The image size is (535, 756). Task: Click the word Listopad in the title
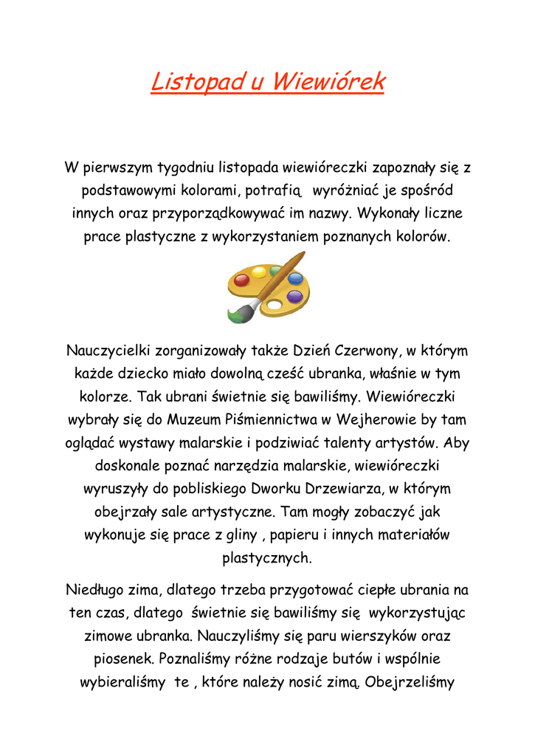196,81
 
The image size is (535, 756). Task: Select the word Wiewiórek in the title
327,81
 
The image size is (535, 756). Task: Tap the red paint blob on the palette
241,280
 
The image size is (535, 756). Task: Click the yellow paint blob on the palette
259,272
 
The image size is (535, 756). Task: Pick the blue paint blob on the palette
294,279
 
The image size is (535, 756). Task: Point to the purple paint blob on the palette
294,297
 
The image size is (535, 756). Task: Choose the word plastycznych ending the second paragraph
267,557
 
